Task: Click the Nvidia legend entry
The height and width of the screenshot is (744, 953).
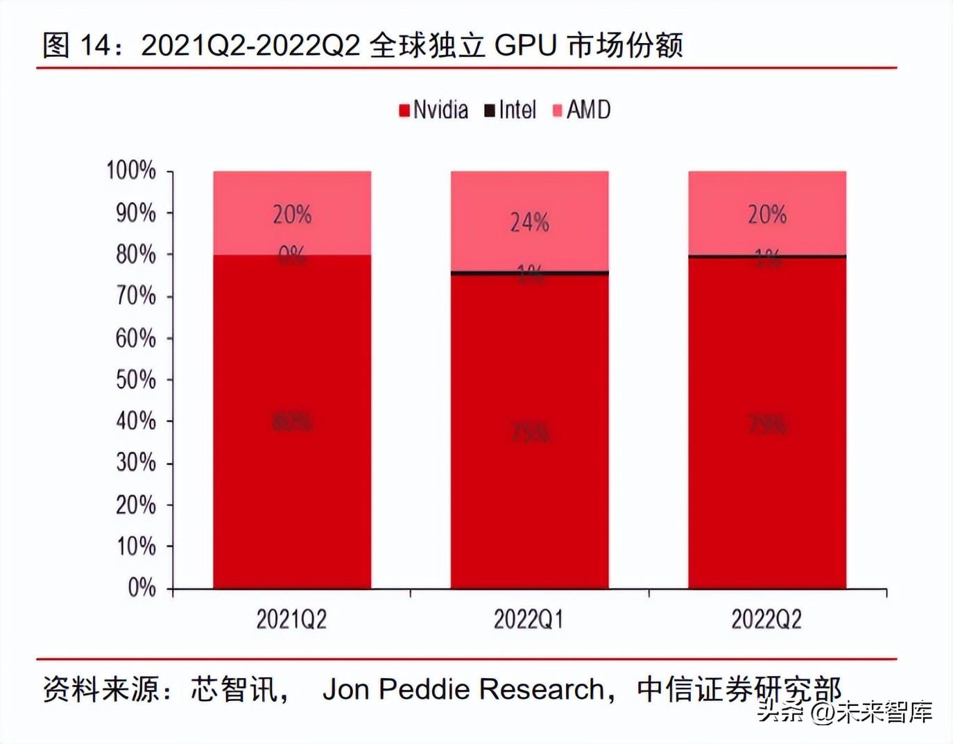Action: (433, 110)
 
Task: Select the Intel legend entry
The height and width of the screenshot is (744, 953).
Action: (510, 110)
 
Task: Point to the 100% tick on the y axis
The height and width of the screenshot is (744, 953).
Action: (131, 170)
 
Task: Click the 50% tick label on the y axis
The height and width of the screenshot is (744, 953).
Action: (135, 380)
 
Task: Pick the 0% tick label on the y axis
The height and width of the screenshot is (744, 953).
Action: (141, 588)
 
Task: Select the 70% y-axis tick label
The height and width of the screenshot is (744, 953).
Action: (135, 296)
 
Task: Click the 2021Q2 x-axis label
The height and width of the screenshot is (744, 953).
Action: (291, 619)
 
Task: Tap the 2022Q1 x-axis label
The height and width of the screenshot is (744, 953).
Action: (529, 619)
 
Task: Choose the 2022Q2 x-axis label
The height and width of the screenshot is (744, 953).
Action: (766, 619)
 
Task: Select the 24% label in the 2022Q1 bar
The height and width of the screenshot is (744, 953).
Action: (530, 222)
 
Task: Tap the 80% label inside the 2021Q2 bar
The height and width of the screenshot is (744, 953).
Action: (292, 421)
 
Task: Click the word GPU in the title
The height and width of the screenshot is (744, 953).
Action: (526, 45)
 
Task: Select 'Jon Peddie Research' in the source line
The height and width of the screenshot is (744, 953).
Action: (463, 689)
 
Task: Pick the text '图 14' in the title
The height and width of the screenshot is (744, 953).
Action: (76, 45)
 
